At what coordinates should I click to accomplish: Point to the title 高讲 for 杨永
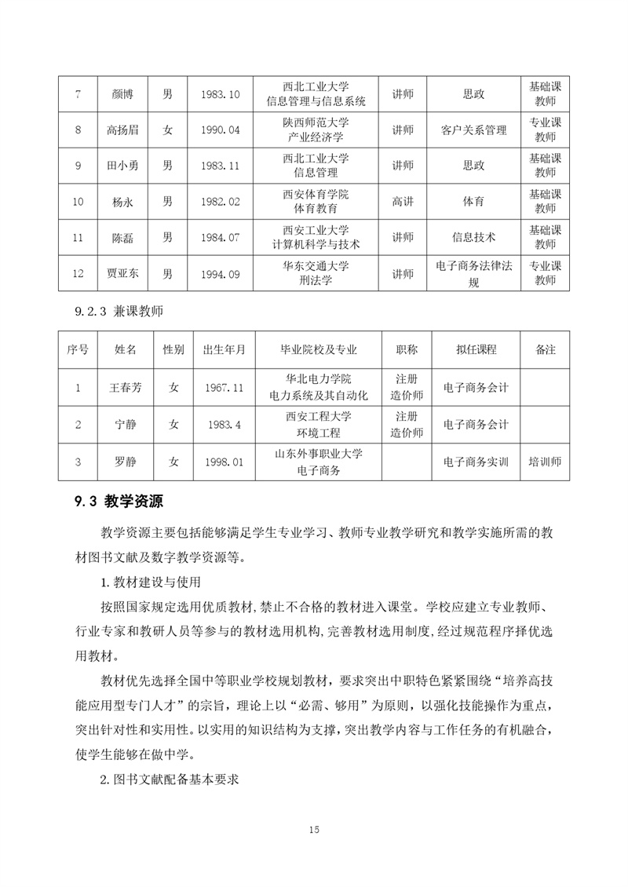pos(403,202)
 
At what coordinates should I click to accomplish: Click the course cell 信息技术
pos(474,237)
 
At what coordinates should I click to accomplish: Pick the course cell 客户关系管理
pos(474,130)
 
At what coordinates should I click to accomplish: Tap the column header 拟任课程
pos(476,349)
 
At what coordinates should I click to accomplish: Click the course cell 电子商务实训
pos(476,462)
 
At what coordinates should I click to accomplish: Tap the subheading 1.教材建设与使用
pos(152,582)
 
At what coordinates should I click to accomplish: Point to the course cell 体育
pos(474,202)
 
